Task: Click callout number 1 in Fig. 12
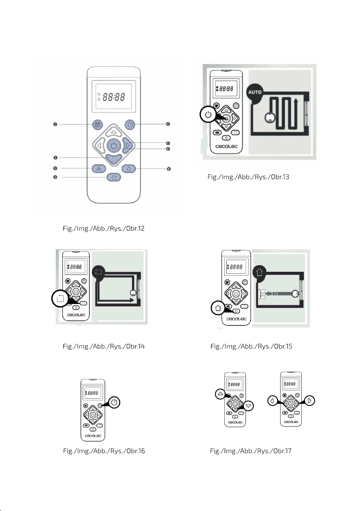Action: pyautogui.click(x=55, y=124)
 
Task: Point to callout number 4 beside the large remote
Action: pyautogui.click(x=168, y=124)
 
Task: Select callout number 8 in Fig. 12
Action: pyautogui.click(x=168, y=169)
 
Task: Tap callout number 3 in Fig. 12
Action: pyautogui.click(x=55, y=177)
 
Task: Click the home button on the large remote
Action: pyautogui.click(x=113, y=177)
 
